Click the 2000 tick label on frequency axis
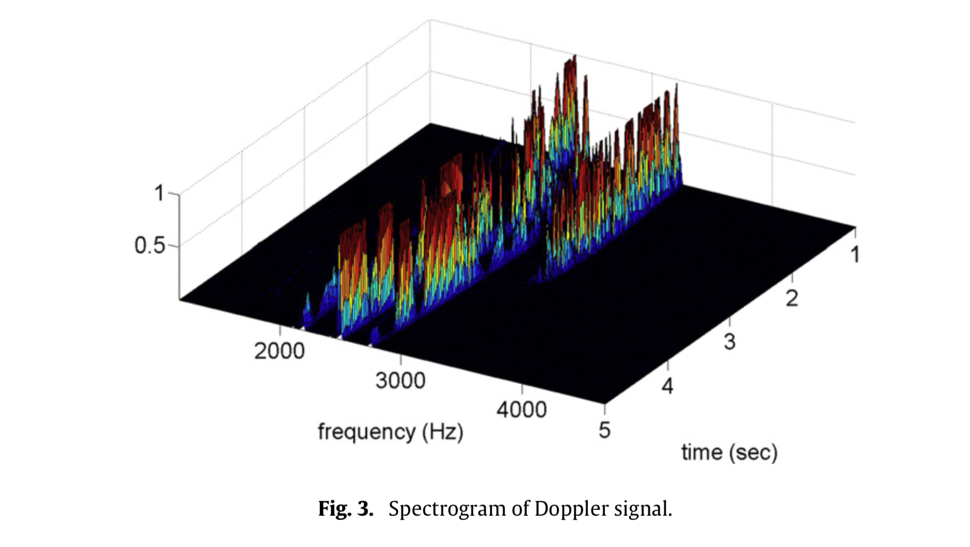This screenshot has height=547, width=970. click(279, 351)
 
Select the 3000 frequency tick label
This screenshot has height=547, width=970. click(400, 381)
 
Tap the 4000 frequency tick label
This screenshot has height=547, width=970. click(521, 409)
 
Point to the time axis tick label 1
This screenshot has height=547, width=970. click(855, 255)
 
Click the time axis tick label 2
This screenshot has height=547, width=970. click(792, 299)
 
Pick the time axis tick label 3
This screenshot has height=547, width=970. click(730, 342)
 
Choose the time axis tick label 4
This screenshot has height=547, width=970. click(667, 386)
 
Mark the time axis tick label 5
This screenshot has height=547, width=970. click(604, 430)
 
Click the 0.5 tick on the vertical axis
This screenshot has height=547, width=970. click(150, 245)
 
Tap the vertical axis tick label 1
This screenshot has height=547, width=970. click(159, 194)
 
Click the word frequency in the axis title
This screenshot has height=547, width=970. click(367, 432)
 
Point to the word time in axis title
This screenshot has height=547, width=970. click(702, 452)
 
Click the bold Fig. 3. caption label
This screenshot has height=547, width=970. click(346, 508)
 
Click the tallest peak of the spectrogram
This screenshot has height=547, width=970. click(574, 56)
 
